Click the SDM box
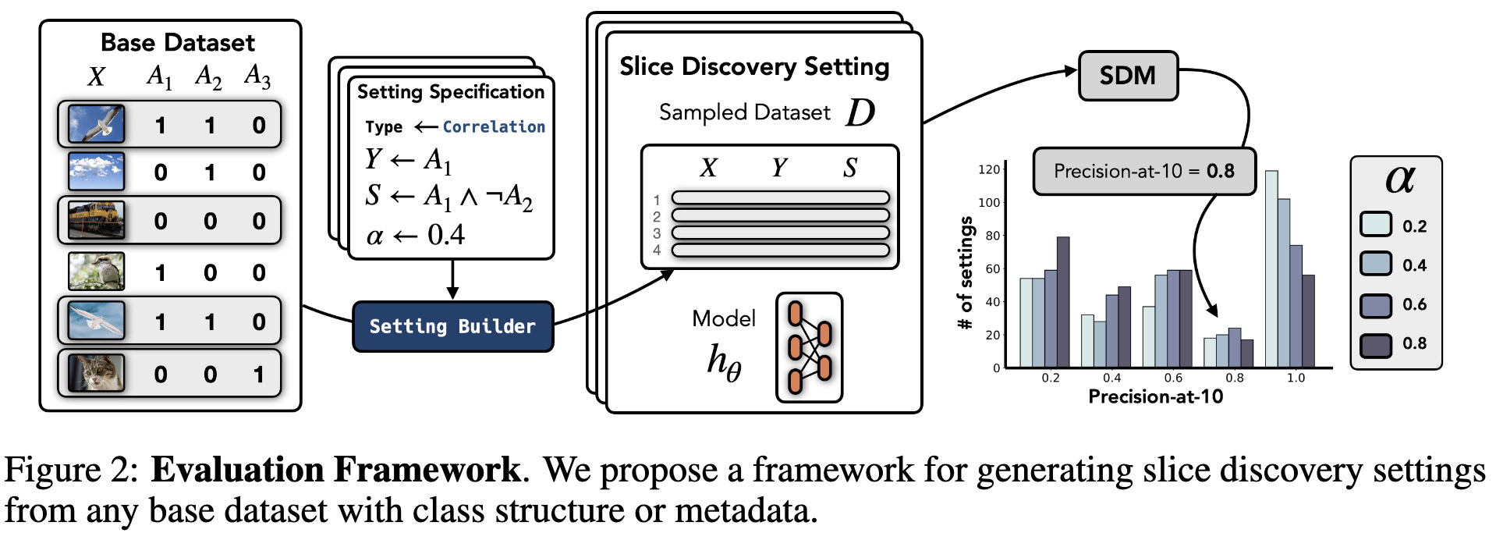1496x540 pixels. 1127,76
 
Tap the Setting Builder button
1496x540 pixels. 452,326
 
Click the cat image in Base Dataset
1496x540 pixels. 96,373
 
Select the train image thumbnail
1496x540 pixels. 96,220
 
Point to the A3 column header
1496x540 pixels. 257,76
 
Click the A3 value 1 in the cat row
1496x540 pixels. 258,375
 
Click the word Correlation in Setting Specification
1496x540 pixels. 494,126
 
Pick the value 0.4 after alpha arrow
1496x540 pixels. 445,235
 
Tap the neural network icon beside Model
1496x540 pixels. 809,347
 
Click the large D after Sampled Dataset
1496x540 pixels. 860,112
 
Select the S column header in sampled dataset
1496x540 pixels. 849,167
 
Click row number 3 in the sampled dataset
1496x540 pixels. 657,233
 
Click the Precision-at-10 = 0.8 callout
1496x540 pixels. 1143,171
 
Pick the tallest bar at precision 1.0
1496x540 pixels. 1271,268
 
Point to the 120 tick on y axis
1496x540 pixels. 988,169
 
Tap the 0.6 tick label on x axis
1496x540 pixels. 1173,378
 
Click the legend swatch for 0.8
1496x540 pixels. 1376,344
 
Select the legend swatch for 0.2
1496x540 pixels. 1376,225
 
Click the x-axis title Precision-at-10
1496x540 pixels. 1155,396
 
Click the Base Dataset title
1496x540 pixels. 178,42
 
